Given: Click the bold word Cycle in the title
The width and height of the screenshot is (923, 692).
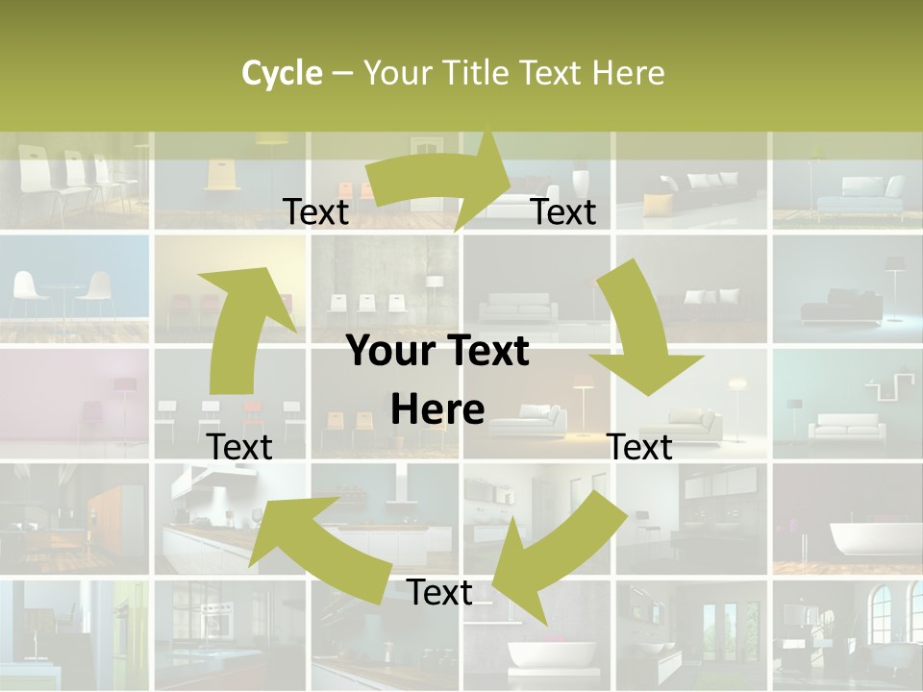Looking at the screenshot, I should pos(282,73).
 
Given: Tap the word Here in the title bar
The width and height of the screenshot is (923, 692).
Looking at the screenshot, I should pos(627,73).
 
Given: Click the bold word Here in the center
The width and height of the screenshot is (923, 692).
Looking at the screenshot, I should pos(437,409).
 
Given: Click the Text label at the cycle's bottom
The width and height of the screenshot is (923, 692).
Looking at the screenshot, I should pos(439,593).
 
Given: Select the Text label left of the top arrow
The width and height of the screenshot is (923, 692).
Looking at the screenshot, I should pos(315,212).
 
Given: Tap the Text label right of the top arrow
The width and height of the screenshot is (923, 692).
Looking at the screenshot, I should pos(563,212).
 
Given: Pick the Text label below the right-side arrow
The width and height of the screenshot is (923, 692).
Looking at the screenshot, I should pos(639,447).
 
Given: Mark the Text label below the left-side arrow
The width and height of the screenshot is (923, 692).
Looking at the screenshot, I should pos(239,447).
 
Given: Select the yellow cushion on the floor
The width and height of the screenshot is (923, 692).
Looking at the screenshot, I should pos(658,204).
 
